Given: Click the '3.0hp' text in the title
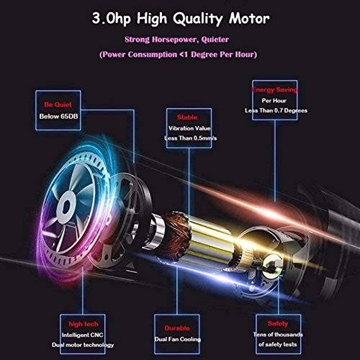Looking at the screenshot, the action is (111, 19).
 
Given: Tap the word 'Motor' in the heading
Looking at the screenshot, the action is (249, 18).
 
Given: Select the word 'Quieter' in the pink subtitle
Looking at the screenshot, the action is (215, 40).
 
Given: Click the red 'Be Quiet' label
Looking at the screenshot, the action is (58, 104).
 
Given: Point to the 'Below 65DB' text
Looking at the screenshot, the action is (58, 117).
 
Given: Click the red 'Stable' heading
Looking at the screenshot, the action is (187, 117).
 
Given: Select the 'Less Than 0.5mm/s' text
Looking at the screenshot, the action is (191, 138).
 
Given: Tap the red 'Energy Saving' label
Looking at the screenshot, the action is (275, 90).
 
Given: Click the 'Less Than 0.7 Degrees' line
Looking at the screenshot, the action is (276, 110).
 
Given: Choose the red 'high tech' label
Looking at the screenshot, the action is (84, 324).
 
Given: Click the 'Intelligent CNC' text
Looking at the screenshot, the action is (82, 335).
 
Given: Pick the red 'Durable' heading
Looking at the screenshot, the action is (177, 328).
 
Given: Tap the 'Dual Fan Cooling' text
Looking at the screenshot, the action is (178, 339).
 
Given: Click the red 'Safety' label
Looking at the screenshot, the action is (278, 323).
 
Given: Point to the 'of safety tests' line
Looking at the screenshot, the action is (278, 344).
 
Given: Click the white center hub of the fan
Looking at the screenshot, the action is (66, 206).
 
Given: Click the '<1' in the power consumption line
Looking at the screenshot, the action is (184, 55).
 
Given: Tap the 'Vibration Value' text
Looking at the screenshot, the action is (189, 128).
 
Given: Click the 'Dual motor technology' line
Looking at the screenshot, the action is (83, 345).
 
